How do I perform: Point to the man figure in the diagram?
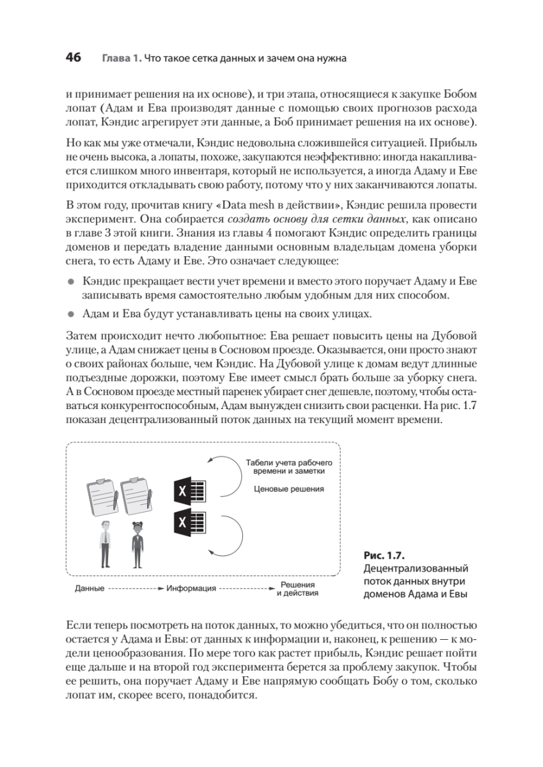(x=105, y=543)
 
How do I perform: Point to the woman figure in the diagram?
(x=137, y=543)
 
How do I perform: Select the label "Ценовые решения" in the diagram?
(x=289, y=489)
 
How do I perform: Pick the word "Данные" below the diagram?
(x=90, y=588)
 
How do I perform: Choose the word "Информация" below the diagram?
(x=191, y=588)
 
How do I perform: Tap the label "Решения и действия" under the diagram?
(x=297, y=588)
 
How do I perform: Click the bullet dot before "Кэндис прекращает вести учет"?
(x=71, y=281)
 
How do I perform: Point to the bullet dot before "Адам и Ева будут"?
(x=71, y=313)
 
